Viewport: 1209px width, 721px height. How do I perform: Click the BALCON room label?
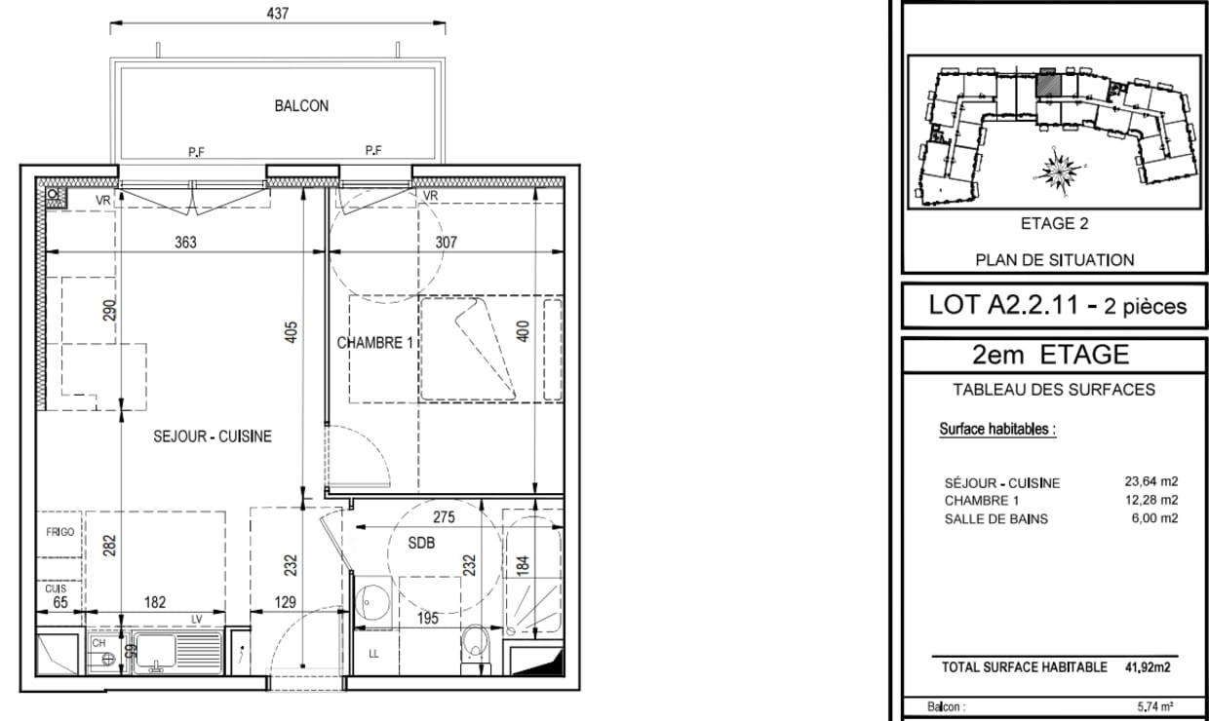[x=301, y=105]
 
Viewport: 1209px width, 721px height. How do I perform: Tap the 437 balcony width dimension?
[x=278, y=14]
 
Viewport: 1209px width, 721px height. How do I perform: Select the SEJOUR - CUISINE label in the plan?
[x=213, y=436]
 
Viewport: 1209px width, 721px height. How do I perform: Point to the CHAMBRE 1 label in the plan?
[x=374, y=343]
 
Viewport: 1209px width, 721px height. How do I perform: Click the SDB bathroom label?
[x=421, y=543]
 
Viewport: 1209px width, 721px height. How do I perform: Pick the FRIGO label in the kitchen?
[x=59, y=532]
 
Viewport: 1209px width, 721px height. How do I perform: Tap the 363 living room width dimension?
[x=185, y=243]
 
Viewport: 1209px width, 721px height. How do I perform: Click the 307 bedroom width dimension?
[x=446, y=243]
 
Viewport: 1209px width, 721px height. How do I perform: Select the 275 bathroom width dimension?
[x=444, y=517]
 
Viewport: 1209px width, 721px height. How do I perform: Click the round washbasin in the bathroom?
[x=371, y=601]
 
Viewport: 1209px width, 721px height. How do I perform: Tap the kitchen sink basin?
[x=155, y=652]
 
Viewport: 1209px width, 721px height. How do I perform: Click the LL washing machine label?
[x=374, y=654]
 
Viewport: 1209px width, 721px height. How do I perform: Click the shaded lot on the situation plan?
[x=1048, y=85]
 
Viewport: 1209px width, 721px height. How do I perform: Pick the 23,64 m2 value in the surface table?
[x=1151, y=481]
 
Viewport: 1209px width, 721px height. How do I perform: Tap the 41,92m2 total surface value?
[x=1148, y=667]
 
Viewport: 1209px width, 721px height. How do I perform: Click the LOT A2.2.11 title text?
[x=1003, y=305]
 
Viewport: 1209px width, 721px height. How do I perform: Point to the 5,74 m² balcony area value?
[x=1155, y=706]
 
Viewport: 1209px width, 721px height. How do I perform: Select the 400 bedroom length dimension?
[x=523, y=331]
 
